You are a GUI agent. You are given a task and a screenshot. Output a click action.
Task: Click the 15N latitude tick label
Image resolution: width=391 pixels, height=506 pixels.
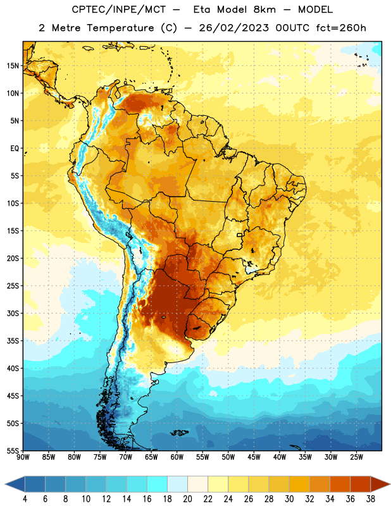[x=13, y=66]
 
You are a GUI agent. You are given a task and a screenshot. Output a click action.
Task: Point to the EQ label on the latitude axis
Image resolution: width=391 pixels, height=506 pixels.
[x=15, y=149]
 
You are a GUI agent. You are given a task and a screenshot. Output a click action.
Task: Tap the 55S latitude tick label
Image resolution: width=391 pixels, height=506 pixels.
[x=13, y=450]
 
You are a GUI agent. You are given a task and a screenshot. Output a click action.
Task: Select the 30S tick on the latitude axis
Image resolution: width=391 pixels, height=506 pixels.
[x=13, y=313]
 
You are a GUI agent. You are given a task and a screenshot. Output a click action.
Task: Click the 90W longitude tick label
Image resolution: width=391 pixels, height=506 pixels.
[x=23, y=457]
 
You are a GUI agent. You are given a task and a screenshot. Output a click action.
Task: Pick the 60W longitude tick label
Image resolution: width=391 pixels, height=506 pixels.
[x=177, y=457]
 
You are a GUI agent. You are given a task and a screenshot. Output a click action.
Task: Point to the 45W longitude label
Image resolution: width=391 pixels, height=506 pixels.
[x=254, y=457]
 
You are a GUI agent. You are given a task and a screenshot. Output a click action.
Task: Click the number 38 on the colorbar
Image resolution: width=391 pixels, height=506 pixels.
[x=371, y=499]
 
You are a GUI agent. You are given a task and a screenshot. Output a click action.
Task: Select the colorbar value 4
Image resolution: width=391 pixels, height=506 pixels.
[x=25, y=499]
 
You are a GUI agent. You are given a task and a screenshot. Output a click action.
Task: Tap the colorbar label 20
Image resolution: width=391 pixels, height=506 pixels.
[x=187, y=499]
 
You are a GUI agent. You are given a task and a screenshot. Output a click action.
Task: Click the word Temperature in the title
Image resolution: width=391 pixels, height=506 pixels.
[x=120, y=28]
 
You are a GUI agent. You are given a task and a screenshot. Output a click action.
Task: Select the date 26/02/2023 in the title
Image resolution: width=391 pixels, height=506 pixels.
[x=233, y=28]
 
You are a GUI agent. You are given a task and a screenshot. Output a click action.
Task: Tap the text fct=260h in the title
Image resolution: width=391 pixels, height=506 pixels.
[x=341, y=28]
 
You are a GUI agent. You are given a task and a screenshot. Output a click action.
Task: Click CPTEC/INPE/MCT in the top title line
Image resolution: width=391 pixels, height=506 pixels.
[x=119, y=9]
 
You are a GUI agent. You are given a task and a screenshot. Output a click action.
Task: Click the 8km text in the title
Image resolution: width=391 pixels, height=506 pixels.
[x=264, y=9]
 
